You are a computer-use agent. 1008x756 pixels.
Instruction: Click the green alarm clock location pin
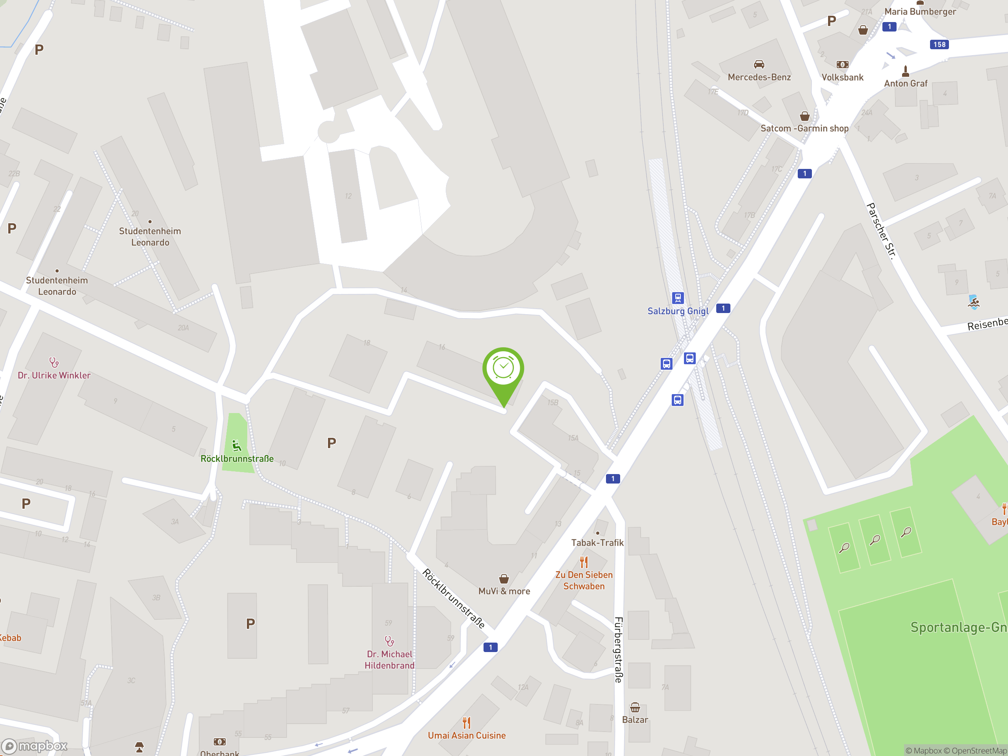[503, 369]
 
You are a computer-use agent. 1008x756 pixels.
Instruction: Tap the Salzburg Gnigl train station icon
[678, 298]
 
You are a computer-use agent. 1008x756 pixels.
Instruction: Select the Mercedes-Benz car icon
[759, 64]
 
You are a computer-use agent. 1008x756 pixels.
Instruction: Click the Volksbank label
[842, 78]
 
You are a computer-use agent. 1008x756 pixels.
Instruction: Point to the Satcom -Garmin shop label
[804, 128]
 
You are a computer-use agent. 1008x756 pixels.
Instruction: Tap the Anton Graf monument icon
[906, 71]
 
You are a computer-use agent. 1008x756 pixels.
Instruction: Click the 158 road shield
[939, 44]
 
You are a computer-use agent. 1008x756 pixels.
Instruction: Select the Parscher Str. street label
[881, 231]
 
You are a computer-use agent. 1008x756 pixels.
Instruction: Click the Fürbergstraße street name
[618, 649]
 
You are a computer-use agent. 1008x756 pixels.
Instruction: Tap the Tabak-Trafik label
[597, 543]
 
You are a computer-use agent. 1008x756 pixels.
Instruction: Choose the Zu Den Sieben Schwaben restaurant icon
[584, 562]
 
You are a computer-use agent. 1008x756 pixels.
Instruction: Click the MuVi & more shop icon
[504, 579]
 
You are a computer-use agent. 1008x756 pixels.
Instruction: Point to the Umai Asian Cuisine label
[467, 736]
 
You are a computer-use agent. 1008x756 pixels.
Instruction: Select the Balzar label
[635, 720]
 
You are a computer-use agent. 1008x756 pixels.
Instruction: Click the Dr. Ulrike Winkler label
[54, 376]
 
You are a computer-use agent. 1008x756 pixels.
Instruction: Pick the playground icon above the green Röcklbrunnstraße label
[237, 445]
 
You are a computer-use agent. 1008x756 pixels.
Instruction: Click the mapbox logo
[35, 746]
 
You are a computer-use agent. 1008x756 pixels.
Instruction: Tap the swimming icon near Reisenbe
[973, 302]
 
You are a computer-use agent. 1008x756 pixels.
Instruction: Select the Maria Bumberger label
[920, 12]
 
